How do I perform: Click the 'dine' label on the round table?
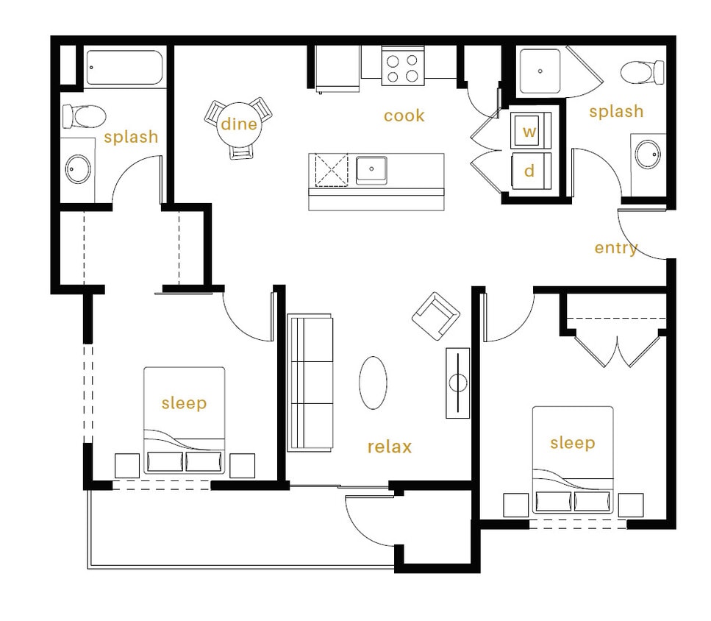239,124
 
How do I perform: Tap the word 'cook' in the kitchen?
404,116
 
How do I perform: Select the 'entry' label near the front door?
616,248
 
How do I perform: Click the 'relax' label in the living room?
389,447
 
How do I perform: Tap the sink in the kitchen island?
372,169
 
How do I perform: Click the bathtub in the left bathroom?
124,68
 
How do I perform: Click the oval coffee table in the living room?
373,381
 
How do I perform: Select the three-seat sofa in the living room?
310,382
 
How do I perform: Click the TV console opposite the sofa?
457,383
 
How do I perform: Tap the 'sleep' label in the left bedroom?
184,403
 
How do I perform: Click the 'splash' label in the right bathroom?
615,112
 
